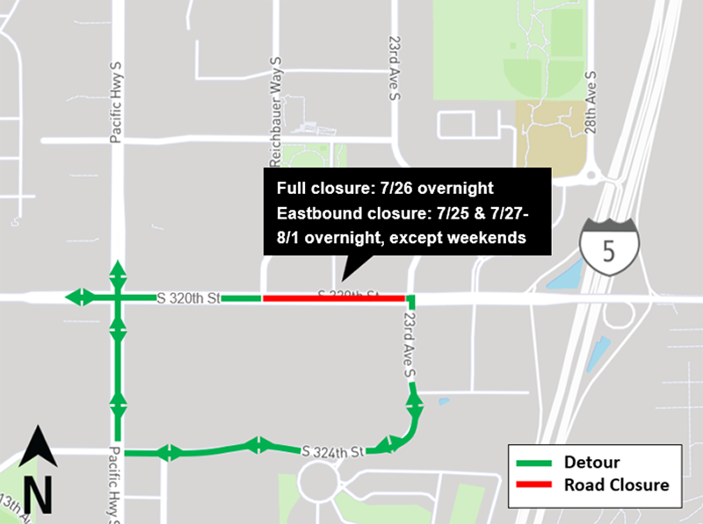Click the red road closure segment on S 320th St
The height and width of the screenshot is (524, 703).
coord(334,298)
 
